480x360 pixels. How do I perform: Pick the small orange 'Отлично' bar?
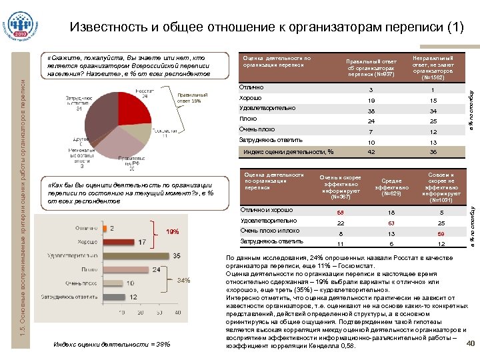pos(105,228)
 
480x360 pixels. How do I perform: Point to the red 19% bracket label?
pos(172,232)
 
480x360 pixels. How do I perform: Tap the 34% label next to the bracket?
pos(184,280)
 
